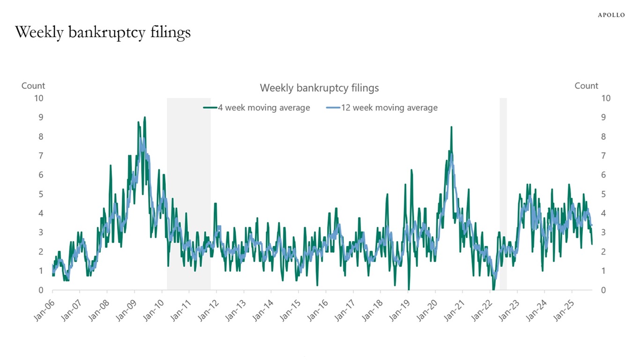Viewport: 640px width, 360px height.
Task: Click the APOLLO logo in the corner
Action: [611, 15]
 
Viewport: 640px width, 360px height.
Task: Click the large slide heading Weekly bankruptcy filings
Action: [103, 32]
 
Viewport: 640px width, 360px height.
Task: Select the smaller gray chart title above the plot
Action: [319, 88]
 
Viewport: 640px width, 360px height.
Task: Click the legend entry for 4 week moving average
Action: [257, 108]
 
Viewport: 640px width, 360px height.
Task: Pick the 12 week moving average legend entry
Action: [382, 108]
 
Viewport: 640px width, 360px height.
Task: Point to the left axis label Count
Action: [33, 86]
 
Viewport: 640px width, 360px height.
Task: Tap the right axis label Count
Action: [586, 86]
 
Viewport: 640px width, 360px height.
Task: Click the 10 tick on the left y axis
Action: [39, 98]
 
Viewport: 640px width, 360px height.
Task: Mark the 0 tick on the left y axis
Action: [41, 290]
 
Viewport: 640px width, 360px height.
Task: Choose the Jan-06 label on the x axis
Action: [44, 310]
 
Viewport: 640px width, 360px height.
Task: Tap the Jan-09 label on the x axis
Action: [126, 310]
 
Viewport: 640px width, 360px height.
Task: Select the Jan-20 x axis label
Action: [427, 310]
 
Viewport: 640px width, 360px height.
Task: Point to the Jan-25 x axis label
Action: [564, 310]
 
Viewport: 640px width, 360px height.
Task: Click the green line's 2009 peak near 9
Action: [145, 118]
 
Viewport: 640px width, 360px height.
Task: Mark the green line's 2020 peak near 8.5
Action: [451, 127]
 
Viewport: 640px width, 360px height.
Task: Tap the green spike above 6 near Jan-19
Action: [411, 170]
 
